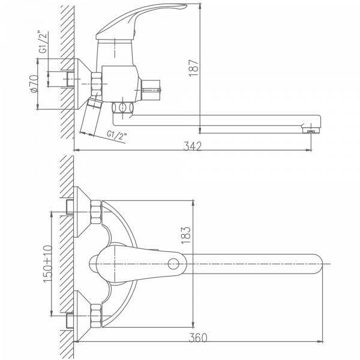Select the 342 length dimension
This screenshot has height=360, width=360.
tap(193, 146)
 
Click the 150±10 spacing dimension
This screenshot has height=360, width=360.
tap(47, 263)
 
